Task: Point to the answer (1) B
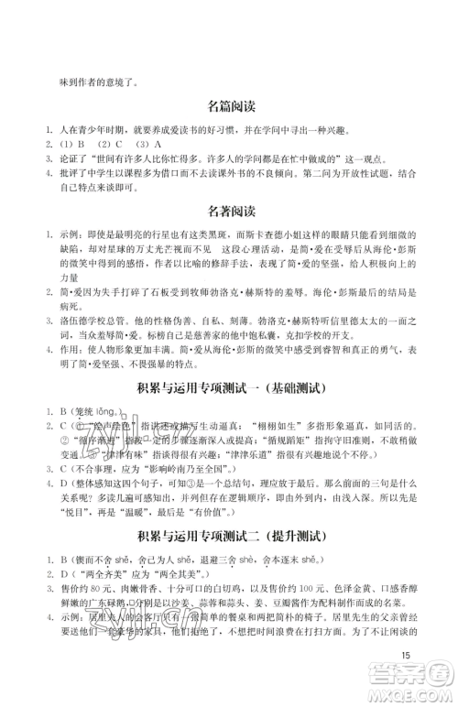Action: point(71,144)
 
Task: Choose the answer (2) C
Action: point(108,144)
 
